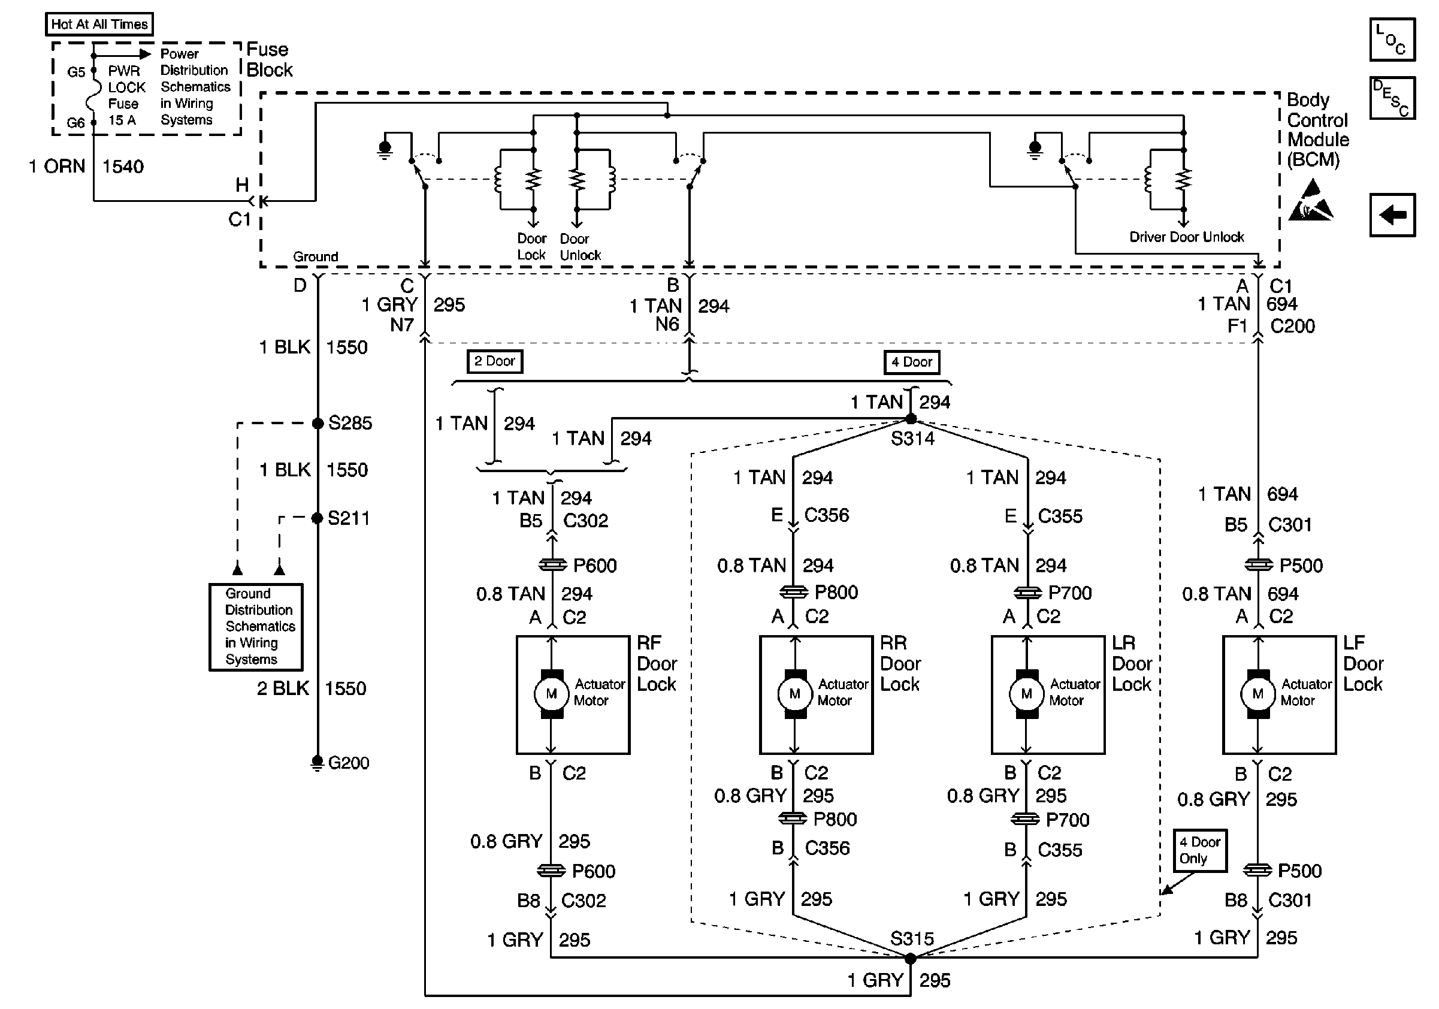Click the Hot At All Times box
tap(99, 25)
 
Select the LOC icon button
tap(1392, 40)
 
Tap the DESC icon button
tap(1392, 98)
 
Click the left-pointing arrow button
tap(1392, 215)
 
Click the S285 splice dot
tap(318, 424)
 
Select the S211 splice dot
tap(317, 518)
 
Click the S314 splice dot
tap(911, 419)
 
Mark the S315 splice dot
tap(911, 958)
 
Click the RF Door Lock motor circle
tap(551, 694)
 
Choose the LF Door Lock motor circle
tap(1257, 694)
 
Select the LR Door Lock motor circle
tap(1026, 694)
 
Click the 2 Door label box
tap(494, 362)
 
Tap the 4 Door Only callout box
tap(1199, 850)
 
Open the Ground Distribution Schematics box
tap(256, 627)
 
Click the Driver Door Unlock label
tap(1186, 237)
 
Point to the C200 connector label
tap(1292, 327)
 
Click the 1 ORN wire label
tap(57, 167)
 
